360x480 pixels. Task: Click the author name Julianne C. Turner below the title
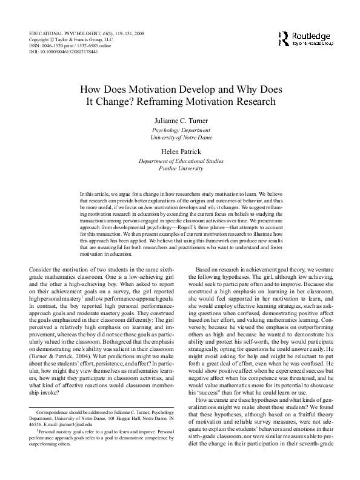tap(180, 121)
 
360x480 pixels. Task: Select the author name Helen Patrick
tap(180, 151)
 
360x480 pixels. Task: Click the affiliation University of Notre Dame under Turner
tap(180, 138)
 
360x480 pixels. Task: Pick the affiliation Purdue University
tap(180, 168)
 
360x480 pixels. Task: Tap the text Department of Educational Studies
tap(180, 161)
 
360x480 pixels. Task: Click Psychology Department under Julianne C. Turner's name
tap(180, 130)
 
